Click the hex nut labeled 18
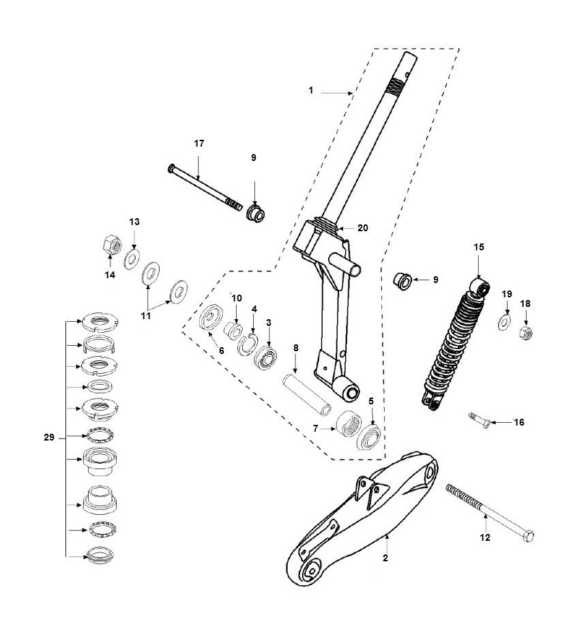pos(525,332)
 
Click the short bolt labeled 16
pos(479,420)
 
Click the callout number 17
pos(199,144)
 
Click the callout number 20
pos(362,228)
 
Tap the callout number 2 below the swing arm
pos(385,558)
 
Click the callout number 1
pos(311,90)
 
